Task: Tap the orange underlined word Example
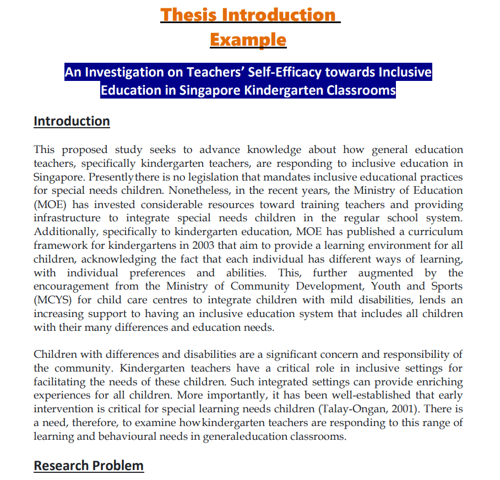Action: tap(248, 40)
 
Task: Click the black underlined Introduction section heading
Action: tap(72, 121)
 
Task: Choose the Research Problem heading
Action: tap(88, 466)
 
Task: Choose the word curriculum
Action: tap(419, 232)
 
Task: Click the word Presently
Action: tap(112, 177)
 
